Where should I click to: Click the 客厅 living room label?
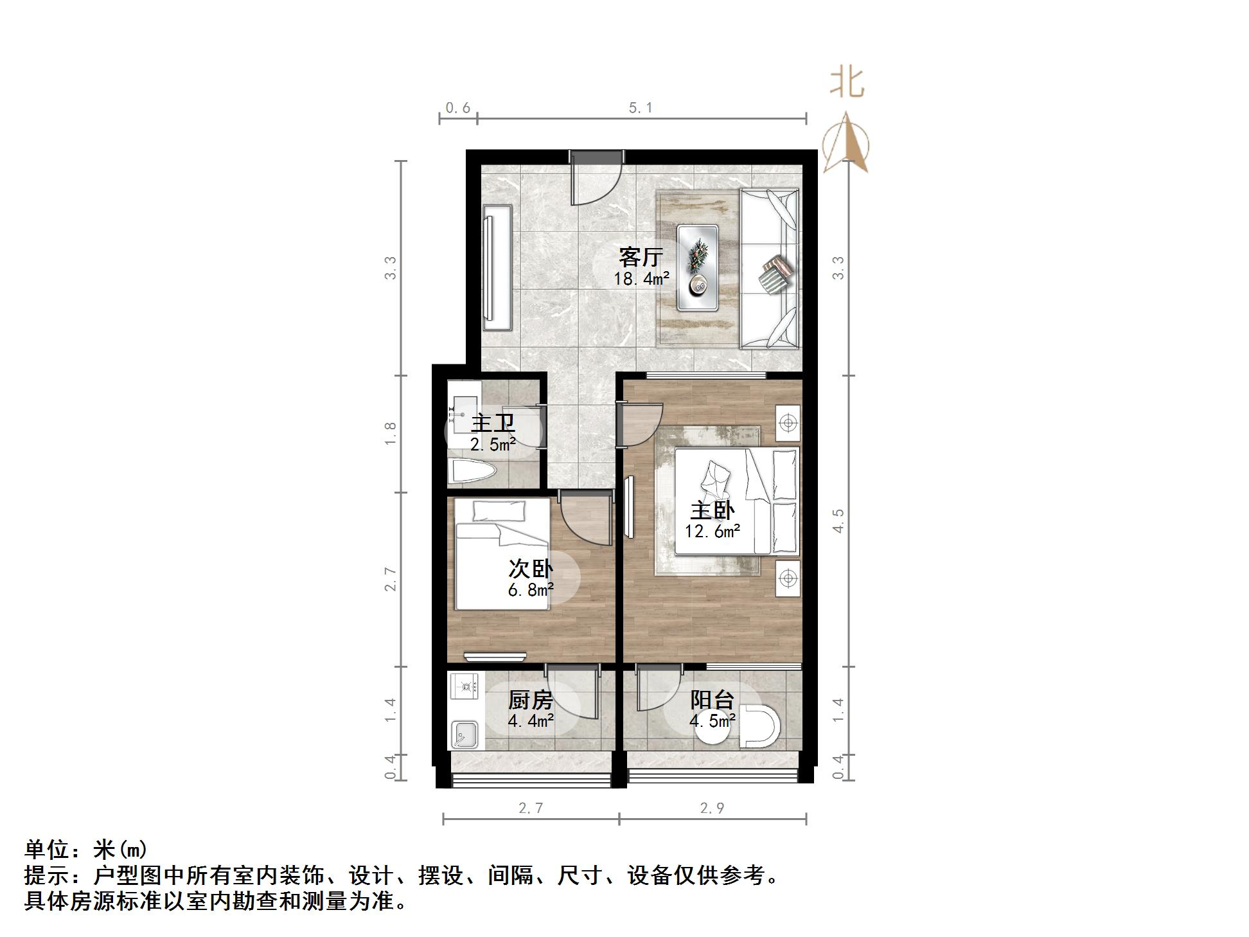(x=641, y=256)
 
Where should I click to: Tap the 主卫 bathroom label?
(x=493, y=424)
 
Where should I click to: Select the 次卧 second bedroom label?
(x=531, y=569)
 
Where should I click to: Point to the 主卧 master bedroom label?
(x=712, y=510)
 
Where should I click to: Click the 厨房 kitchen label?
(x=531, y=700)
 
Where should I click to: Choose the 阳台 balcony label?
(x=712, y=700)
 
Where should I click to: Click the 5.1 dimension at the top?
(x=641, y=108)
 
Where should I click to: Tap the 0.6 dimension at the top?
(x=458, y=108)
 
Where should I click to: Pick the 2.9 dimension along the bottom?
(x=712, y=808)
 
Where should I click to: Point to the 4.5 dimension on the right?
(x=838, y=521)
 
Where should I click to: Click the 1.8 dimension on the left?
(x=390, y=434)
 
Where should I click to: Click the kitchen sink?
(x=465, y=734)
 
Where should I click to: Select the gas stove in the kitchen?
(x=465, y=686)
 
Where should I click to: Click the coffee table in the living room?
(x=698, y=267)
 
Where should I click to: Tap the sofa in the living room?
(x=769, y=269)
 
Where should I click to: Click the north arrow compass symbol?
(x=846, y=143)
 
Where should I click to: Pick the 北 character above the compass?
(x=847, y=83)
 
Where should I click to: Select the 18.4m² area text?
(x=641, y=278)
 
